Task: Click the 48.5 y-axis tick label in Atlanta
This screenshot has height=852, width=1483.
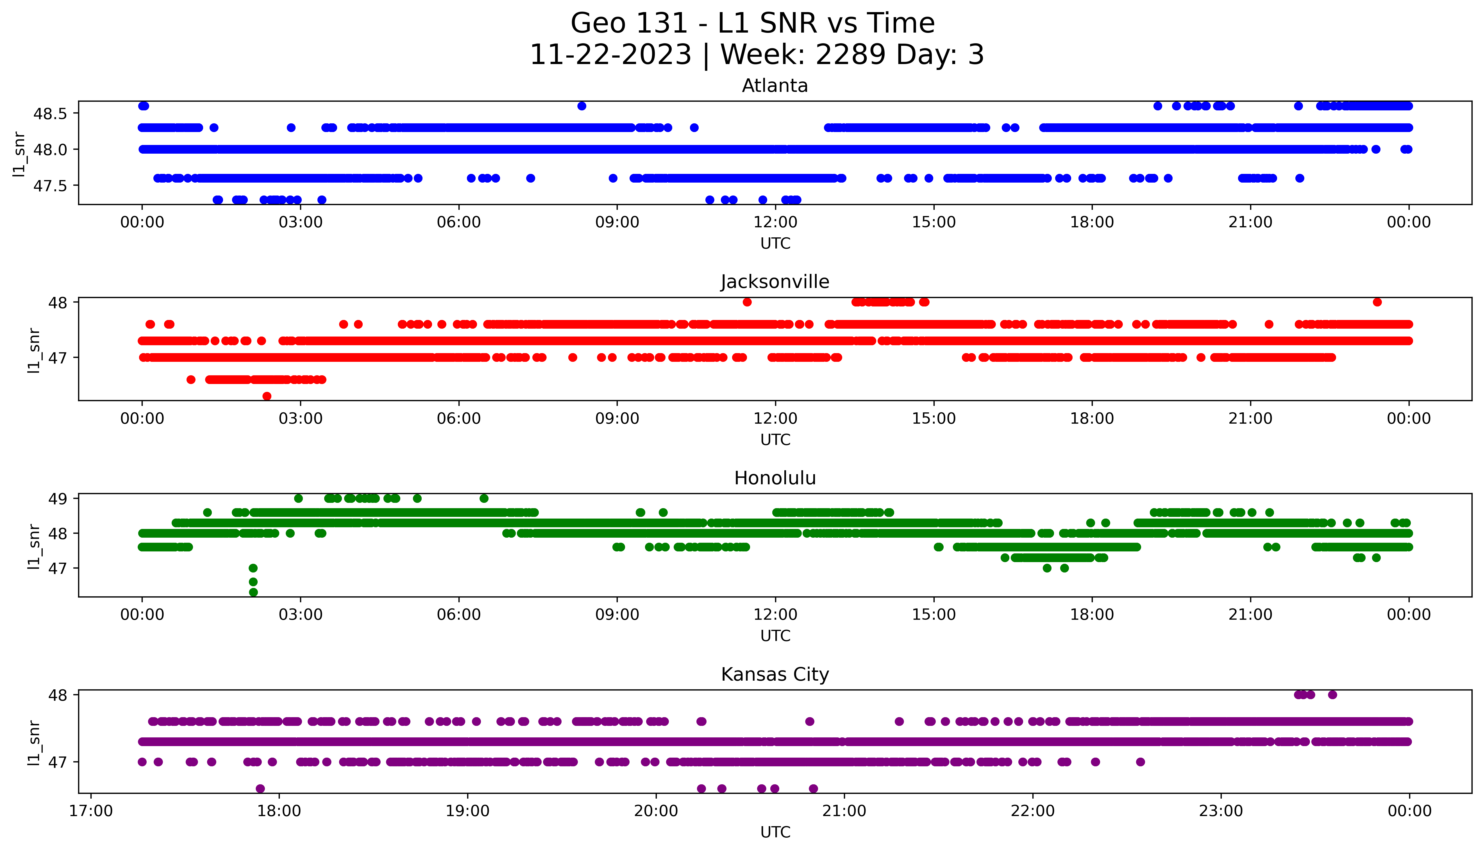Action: pos(50,113)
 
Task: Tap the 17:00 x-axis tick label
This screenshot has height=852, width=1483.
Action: pos(91,811)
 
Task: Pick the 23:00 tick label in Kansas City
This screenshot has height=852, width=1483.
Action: pos(1221,811)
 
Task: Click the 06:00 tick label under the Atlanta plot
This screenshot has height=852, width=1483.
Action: pos(459,222)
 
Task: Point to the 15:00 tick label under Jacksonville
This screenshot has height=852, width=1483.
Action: pos(934,418)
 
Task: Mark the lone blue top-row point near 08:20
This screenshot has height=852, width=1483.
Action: pos(582,106)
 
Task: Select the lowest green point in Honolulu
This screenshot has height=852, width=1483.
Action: pos(253,592)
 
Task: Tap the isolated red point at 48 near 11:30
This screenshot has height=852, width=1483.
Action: pos(747,302)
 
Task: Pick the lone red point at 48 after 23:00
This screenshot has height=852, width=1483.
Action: pos(1377,302)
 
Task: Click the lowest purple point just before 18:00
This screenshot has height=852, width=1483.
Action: pos(260,788)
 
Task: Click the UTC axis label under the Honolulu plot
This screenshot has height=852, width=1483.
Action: pos(775,635)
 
